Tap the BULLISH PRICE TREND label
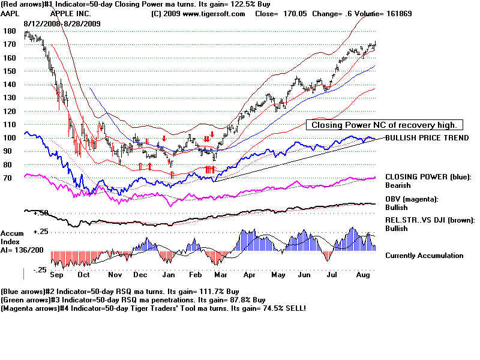click(427, 138)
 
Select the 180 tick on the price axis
click(8, 31)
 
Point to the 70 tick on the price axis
click(8, 178)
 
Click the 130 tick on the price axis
click(8, 98)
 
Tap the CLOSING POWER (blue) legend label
click(428, 177)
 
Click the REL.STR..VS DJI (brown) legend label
click(430, 220)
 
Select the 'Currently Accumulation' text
click(424, 256)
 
